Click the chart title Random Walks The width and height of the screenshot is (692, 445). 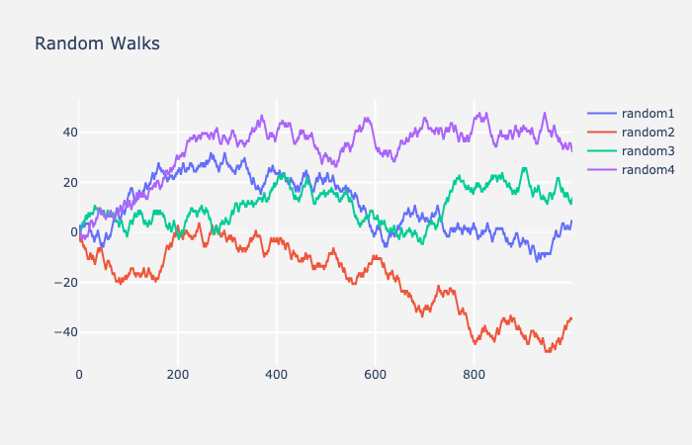pos(97,44)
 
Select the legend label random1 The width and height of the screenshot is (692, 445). pos(647,114)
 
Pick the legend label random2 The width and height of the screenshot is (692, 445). pos(647,133)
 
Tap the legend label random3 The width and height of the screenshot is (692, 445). pos(647,151)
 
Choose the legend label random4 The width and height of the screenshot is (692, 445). pos(647,170)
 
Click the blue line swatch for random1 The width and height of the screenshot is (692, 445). pos(602,114)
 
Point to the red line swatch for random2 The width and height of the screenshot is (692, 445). pos(602,133)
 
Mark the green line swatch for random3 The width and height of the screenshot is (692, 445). pos(602,151)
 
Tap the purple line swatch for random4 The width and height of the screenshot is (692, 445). pos(602,170)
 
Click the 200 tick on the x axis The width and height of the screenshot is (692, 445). pos(178,375)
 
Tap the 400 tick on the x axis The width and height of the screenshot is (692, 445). pos(277,375)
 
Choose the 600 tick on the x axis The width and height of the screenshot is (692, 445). pos(376,375)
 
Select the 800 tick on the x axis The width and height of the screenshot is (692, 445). pos(474,375)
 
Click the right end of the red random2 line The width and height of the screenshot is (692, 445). pos(571,317)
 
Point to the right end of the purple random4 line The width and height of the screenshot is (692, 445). pos(571,150)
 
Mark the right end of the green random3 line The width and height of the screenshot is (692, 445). pos(571,200)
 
